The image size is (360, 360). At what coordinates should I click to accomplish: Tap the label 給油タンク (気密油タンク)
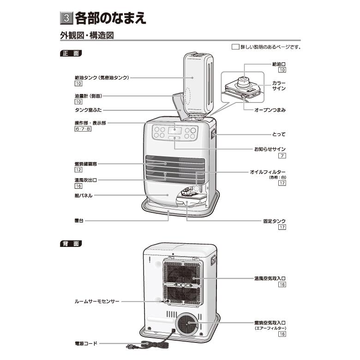(101, 78)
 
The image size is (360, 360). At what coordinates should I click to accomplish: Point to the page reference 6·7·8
(83, 130)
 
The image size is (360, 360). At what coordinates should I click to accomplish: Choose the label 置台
(78, 221)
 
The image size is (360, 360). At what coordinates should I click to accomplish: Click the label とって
(279, 135)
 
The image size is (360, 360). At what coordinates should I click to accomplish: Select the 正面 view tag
(71, 54)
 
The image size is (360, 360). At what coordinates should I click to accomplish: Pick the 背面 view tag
(71, 243)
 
